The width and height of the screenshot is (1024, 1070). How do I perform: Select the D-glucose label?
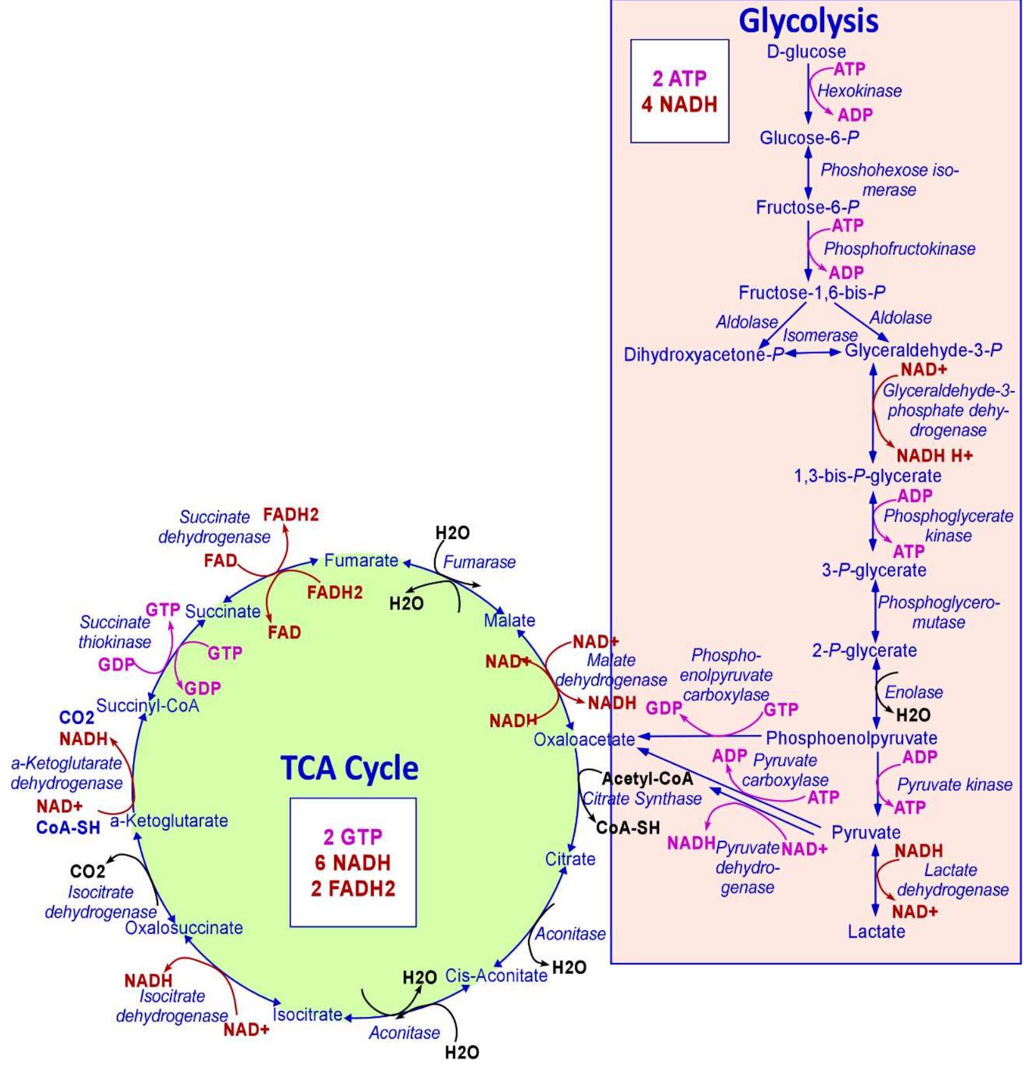pyautogui.click(x=806, y=52)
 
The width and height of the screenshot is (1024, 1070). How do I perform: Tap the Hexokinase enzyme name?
pyautogui.click(x=859, y=91)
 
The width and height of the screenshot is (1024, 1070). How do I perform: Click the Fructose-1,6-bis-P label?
pyautogui.click(x=812, y=292)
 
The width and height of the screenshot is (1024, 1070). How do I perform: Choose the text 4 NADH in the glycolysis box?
pyautogui.click(x=679, y=104)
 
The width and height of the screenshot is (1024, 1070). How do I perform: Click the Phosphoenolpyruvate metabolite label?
pyautogui.click(x=851, y=738)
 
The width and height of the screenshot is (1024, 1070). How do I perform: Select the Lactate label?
pyautogui.click(x=876, y=931)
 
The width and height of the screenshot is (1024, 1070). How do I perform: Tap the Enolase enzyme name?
pyautogui.click(x=913, y=692)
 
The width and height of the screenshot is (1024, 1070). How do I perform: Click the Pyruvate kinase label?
pyautogui.click(x=954, y=785)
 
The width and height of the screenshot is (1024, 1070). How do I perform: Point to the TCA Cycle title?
pyautogui.click(x=349, y=768)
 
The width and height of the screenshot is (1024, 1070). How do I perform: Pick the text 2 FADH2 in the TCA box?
pyautogui.click(x=353, y=889)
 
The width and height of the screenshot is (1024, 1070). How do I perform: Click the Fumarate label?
pyautogui.click(x=360, y=560)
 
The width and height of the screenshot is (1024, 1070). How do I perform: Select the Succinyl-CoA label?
pyautogui.click(x=147, y=706)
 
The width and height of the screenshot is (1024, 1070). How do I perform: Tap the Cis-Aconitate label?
pyautogui.click(x=496, y=975)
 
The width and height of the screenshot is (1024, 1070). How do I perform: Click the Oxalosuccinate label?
pyautogui.click(x=184, y=928)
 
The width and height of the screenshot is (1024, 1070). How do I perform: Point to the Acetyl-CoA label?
pyautogui.click(x=647, y=779)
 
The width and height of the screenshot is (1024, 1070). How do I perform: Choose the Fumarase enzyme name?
pyautogui.click(x=479, y=562)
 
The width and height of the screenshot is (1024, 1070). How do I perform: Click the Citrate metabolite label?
pyautogui.click(x=570, y=859)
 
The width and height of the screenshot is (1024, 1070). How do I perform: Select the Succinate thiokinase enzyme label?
pyautogui.click(x=115, y=632)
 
